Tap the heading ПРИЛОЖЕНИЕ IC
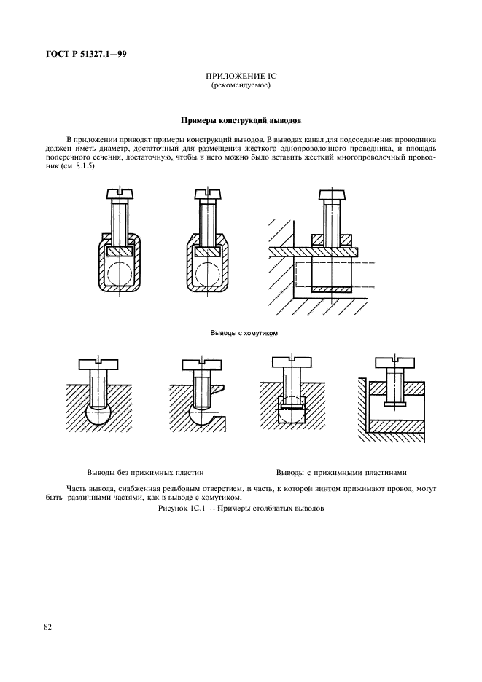(241, 76)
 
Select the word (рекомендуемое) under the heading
(241, 85)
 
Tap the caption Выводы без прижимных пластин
(144, 471)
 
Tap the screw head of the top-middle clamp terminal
(207, 195)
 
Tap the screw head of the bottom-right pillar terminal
(394, 363)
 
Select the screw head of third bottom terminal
(292, 363)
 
